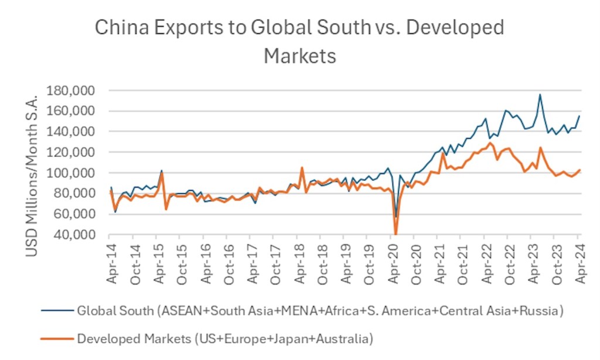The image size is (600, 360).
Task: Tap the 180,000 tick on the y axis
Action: coord(79,91)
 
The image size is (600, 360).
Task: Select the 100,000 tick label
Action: coord(79,173)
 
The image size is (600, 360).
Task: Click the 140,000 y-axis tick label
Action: coord(79,132)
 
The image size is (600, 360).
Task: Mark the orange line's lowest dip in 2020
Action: coord(396,233)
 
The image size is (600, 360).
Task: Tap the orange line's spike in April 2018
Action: coord(302,168)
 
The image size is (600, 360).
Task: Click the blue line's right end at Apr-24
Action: coord(579,116)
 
